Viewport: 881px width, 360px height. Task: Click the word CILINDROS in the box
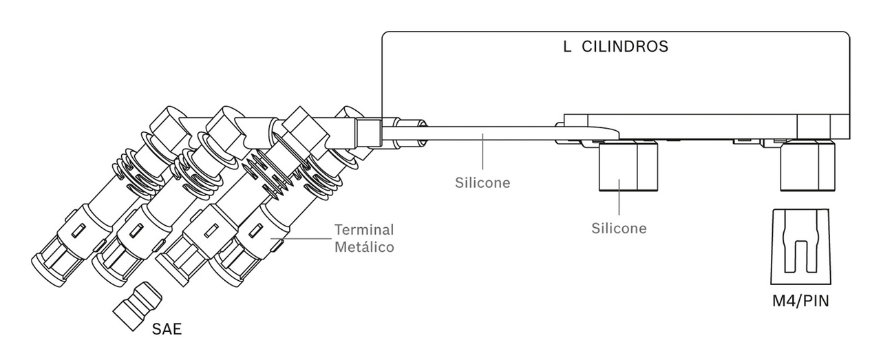point(624,46)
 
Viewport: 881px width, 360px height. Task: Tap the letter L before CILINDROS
point(566,46)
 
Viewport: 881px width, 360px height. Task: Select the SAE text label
point(167,329)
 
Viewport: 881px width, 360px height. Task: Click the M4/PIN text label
point(800,301)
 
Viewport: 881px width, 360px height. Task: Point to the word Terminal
point(364,229)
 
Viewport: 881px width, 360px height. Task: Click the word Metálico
point(364,246)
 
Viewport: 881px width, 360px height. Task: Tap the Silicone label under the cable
point(482,182)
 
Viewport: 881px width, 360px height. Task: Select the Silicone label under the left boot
point(619,229)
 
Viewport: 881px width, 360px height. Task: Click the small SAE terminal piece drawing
point(138,306)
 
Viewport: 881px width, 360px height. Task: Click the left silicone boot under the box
point(628,166)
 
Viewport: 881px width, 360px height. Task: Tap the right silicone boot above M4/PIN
point(807,166)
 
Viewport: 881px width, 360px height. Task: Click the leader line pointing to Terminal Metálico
point(301,238)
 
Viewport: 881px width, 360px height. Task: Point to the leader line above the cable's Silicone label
point(482,152)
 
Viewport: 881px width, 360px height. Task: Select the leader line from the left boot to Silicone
point(619,197)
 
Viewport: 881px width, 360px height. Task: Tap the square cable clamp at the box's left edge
point(368,133)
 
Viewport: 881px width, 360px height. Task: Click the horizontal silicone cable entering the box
point(491,134)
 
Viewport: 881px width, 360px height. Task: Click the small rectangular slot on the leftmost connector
point(78,231)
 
